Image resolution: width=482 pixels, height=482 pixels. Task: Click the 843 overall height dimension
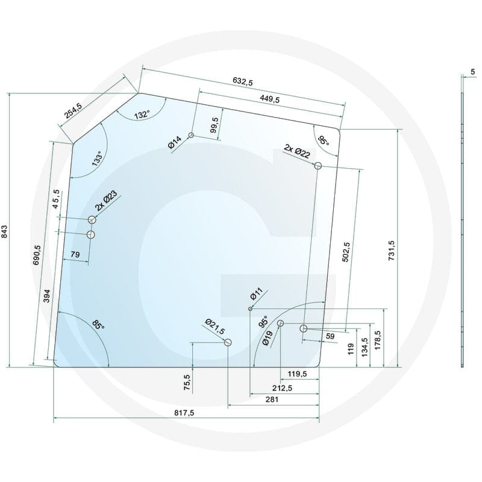[x=4, y=231]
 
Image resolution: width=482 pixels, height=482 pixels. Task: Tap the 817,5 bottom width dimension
[x=184, y=413]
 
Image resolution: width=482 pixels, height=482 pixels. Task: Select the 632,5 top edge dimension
[x=243, y=81]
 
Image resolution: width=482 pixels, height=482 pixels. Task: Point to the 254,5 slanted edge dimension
[x=73, y=111]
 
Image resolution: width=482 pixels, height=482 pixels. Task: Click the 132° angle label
[x=142, y=114]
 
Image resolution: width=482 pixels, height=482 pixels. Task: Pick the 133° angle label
[x=98, y=158]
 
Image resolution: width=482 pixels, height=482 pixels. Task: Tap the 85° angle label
[x=98, y=324]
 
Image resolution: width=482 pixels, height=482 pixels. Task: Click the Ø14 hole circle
[x=191, y=135]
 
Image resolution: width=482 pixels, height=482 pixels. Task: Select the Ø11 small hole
[x=250, y=308]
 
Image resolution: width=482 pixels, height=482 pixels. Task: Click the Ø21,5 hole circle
[x=228, y=342]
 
